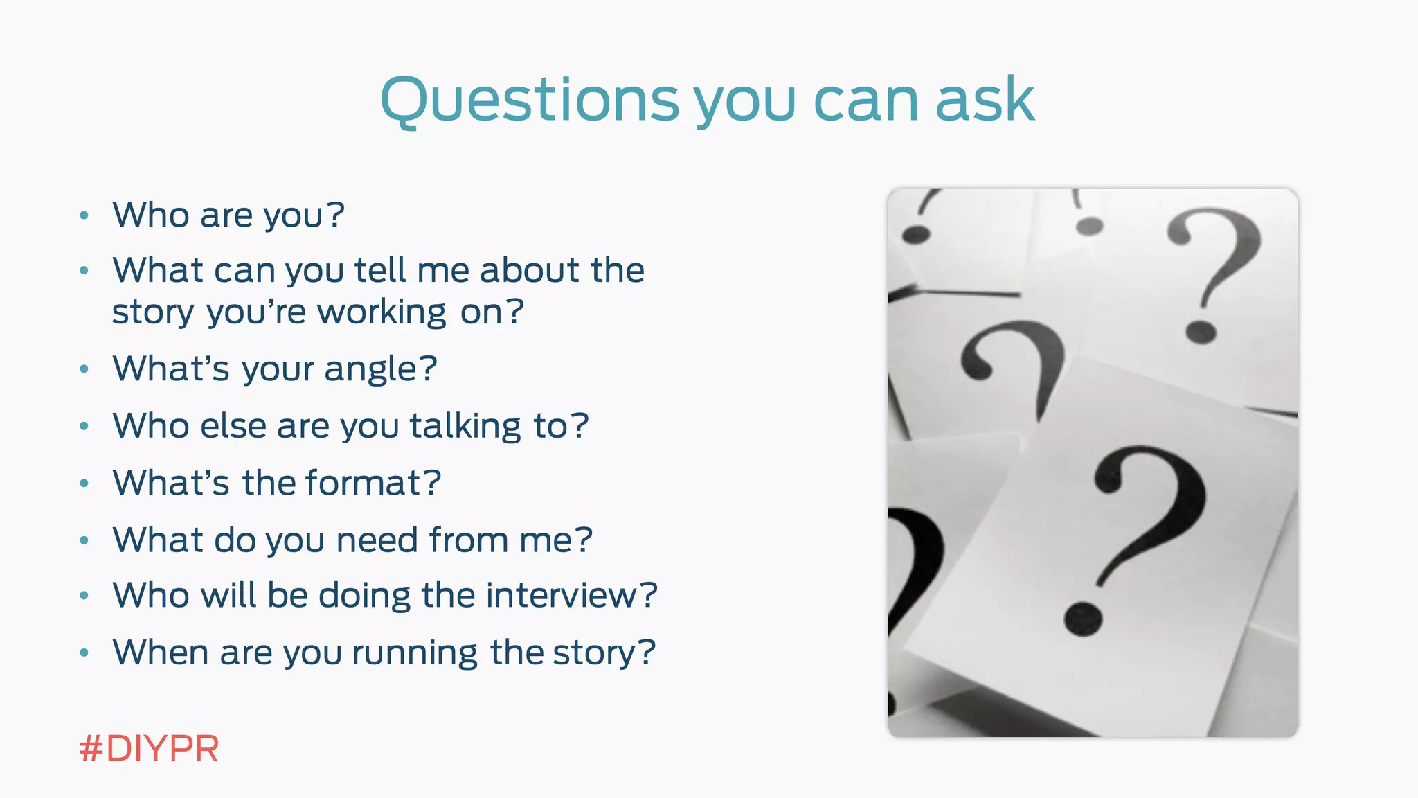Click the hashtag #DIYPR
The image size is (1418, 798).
(x=149, y=749)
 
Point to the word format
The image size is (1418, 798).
(x=364, y=483)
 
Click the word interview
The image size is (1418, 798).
(x=561, y=596)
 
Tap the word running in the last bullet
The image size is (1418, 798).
(x=414, y=653)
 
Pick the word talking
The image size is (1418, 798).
(x=465, y=426)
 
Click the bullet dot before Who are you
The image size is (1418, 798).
(x=84, y=215)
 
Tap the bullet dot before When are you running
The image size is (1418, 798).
(x=84, y=653)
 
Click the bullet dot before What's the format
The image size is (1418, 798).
(x=84, y=483)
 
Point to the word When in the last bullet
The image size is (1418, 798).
(x=161, y=653)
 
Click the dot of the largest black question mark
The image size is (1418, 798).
(x=1083, y=619)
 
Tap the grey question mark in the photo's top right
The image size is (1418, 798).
(x=1213, y=270)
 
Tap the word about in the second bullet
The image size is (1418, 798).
(x=521, y=270)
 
